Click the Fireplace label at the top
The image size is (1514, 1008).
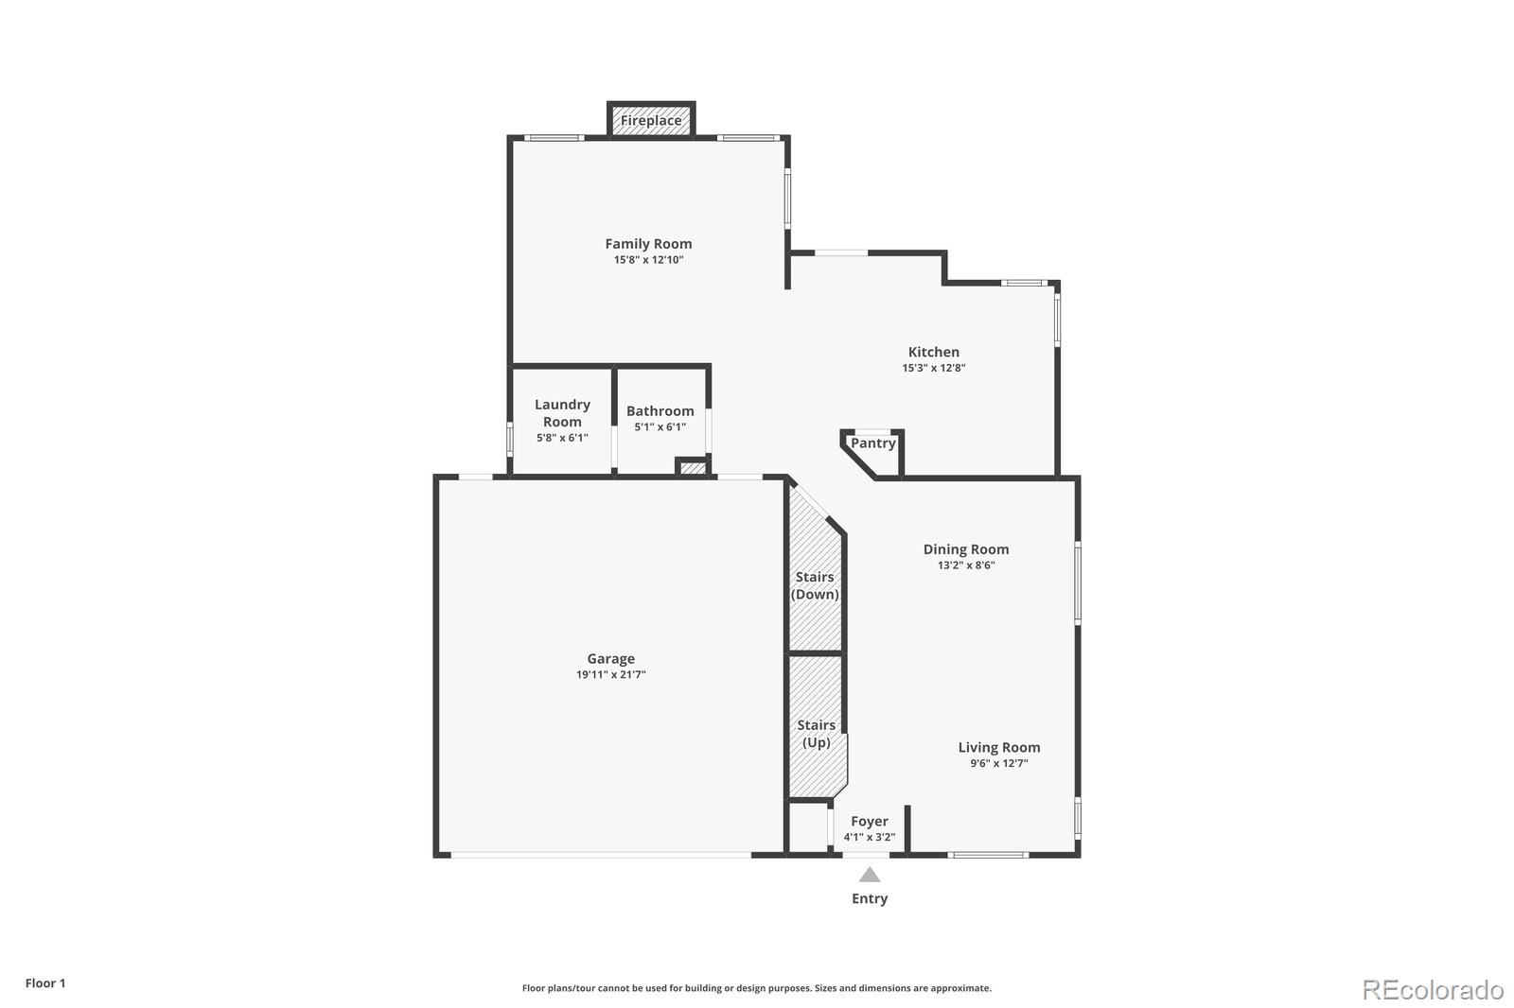tap(651, 121)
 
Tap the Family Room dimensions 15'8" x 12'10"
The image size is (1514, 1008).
tap(648, 260)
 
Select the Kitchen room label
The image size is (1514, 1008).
tap(933, 352)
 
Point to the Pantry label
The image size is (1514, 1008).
tap(872, 443)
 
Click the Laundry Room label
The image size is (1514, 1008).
tap(562, 413)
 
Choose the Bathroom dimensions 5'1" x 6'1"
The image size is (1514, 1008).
tap(660, 427)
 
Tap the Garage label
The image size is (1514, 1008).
tap(610, 659)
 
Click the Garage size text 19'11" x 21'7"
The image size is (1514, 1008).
tap(610, 675)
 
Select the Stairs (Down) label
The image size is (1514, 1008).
tap(815, 585)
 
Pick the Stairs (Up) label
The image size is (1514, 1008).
tap(816, 734)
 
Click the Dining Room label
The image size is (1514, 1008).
tap(965, 549)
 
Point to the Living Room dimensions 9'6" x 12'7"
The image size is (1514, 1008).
tap(998, 763)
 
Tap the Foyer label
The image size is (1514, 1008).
tap(869, 822)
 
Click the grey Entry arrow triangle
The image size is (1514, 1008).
tap(869, 876)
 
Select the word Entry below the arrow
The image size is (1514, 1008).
tap(869, 898)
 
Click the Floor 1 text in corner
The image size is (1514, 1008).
tap(45, 983)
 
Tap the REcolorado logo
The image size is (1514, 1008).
tap(1432, 990)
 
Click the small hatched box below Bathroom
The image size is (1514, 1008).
tap(693, 468)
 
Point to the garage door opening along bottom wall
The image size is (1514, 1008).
tap(601, 855)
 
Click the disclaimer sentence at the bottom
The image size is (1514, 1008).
tap(756, 988)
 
